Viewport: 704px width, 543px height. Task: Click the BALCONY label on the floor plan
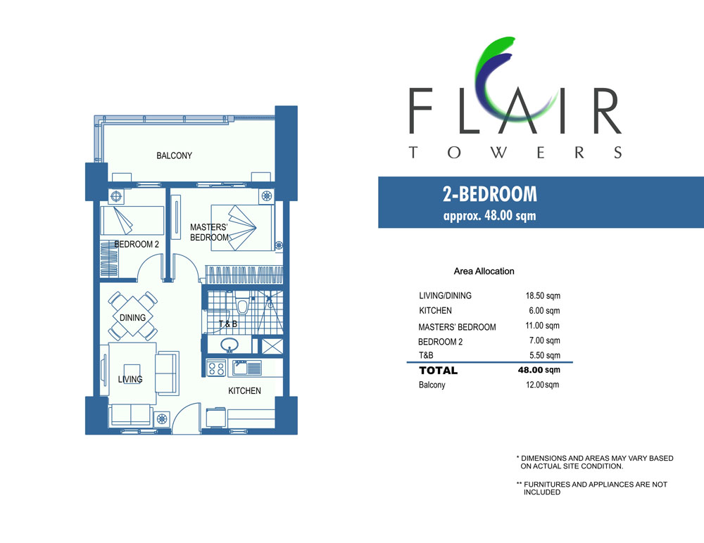click(174, 155)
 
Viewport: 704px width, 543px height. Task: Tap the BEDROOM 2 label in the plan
click(137, 245)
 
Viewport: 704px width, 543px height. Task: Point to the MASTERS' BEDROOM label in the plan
click(209, 232)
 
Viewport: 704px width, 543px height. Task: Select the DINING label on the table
click(132, 318)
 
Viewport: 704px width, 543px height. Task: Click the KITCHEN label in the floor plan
click(244, 391)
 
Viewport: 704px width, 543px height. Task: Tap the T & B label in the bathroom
click(228, 324)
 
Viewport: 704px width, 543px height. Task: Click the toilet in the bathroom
click(242, 304)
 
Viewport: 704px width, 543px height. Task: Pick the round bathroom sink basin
click(230, 345)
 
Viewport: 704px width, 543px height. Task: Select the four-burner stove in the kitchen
click(216, 369)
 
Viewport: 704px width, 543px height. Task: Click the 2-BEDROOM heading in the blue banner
click(490, 194)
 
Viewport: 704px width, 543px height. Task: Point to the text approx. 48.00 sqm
click(489, 215)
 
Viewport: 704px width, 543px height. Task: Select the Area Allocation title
click(484, 271)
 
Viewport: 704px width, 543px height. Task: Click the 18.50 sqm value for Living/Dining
click(543, 295)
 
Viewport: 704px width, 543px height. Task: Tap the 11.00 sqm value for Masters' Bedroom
click(542, 326)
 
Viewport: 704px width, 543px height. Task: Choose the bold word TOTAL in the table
click(438, 371)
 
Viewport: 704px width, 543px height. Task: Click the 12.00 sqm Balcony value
click(542, 385)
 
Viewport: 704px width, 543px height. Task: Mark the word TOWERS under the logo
click(515, 153)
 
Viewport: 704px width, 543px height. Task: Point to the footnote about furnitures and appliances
click(592, 488)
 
